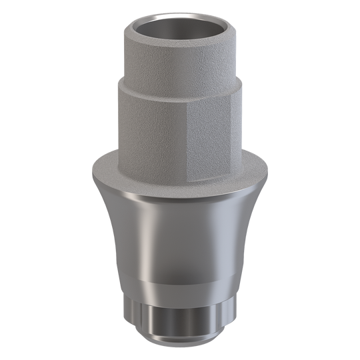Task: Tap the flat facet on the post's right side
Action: (212, 137)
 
